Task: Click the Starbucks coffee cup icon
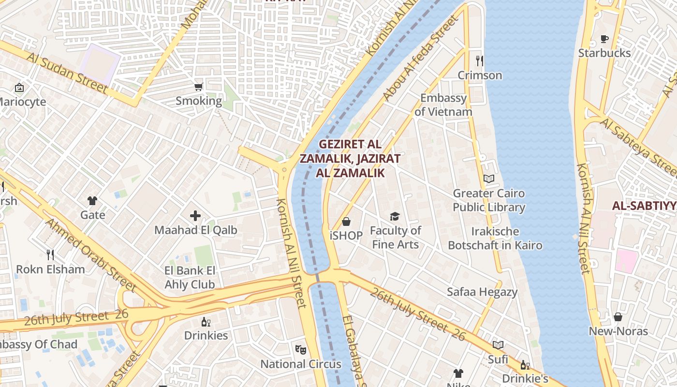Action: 604,39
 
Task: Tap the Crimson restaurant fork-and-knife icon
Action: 479,61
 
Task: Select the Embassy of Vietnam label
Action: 443,105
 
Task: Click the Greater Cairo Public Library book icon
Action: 489,179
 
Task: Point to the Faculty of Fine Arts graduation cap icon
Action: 395,216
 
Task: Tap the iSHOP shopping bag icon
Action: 346,222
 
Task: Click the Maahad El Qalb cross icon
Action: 195,216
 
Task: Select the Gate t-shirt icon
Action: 92,201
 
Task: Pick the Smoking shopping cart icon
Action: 198,87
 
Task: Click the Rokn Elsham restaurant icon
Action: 50,254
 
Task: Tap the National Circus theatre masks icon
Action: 301,349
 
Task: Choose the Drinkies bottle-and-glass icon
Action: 206,322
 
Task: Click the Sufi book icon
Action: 498,345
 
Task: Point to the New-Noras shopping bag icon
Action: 618,317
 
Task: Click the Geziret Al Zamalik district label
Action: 350,158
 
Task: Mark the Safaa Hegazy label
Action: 482,292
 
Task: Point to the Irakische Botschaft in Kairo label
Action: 495,238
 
